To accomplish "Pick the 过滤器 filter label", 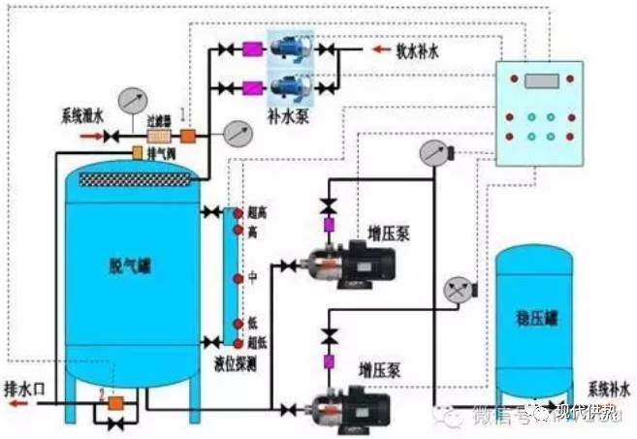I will [x=158, y=124].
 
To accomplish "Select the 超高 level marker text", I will [x=255, y=212].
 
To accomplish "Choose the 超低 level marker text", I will [x=255, y=341].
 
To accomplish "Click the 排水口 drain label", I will [x=24, y=379].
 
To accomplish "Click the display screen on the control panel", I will [x=545, y=80].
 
